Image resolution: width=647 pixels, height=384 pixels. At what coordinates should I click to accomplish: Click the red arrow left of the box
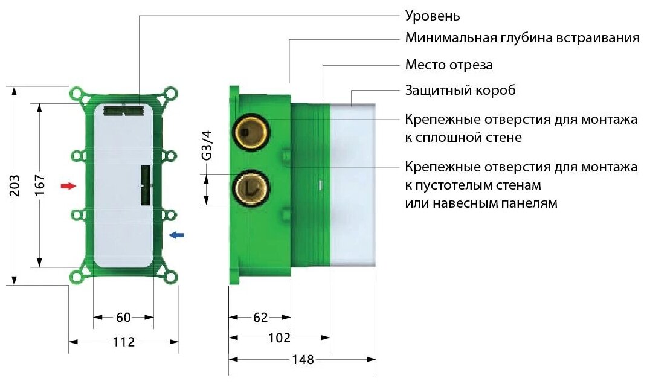click(69, 186)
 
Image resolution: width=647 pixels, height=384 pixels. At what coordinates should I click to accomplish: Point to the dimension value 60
click(123, 317)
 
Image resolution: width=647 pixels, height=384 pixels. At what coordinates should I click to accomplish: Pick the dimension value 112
click(123, 342)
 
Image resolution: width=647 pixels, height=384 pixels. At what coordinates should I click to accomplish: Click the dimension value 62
click(259, 317)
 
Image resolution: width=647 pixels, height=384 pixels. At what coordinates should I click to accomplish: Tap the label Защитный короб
click(460, 91)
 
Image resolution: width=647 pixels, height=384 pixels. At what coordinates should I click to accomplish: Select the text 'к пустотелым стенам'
click(473, 184)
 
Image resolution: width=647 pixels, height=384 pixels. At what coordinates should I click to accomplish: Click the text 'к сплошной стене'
click(463, 138)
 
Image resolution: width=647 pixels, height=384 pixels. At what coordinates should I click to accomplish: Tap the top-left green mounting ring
click(77, 94)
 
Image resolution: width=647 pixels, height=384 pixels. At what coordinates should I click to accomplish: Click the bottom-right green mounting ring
click(171, 277)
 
